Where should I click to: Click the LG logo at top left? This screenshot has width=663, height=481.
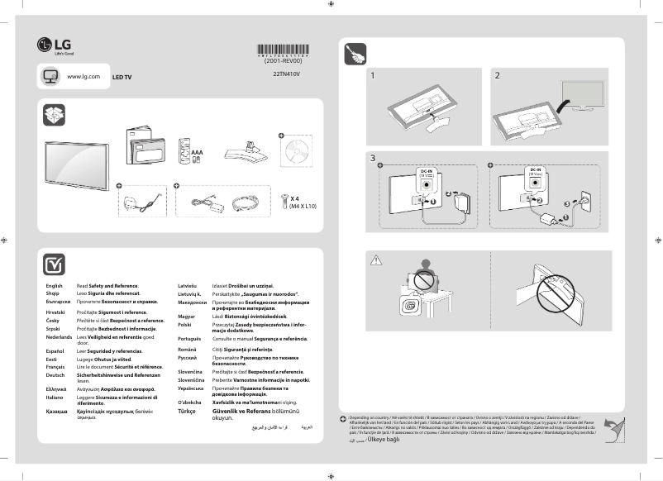50,45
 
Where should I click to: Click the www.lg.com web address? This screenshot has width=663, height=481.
83,76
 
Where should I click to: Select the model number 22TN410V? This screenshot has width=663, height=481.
287,73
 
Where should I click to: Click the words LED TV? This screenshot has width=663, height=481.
122,77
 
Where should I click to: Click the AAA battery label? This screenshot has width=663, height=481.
197,153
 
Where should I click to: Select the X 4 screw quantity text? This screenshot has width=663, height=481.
295,199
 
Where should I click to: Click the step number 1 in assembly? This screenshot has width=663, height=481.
373,76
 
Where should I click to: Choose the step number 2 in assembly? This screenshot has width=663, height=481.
497,76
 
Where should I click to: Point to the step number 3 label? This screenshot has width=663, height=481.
373,157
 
